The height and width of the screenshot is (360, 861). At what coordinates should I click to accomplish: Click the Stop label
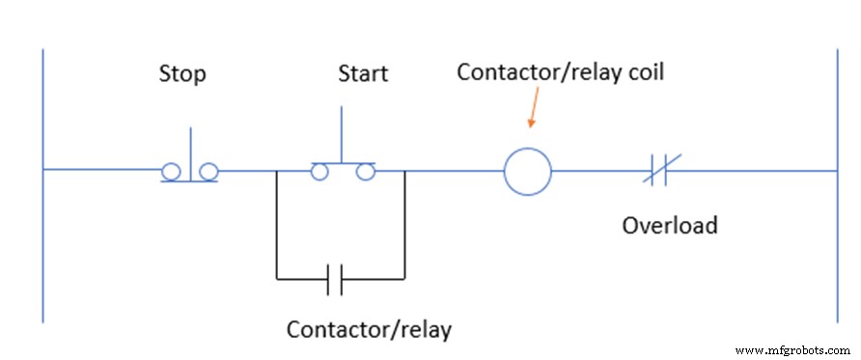pyautogui.click(x=181, y=74)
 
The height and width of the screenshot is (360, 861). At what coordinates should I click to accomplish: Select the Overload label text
pyautogui.click(x=669, y=226)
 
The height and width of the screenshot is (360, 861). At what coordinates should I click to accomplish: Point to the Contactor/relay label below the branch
pyautogui.click(x=369, y=329)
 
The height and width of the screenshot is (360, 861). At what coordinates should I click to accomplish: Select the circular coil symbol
pyautogui.click(x=528, y=173)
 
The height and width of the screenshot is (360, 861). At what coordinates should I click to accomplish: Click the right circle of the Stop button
pyautogui.click(x=208, y=172)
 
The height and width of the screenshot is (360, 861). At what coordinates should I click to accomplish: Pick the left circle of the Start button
pyautogui.click(x=319, y=172)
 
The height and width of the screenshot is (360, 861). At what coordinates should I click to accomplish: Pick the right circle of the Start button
pyautogui.click(x=364, y=172)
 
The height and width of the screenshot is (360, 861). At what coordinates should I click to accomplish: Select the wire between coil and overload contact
pyautogui.click(x=598, y=173)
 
